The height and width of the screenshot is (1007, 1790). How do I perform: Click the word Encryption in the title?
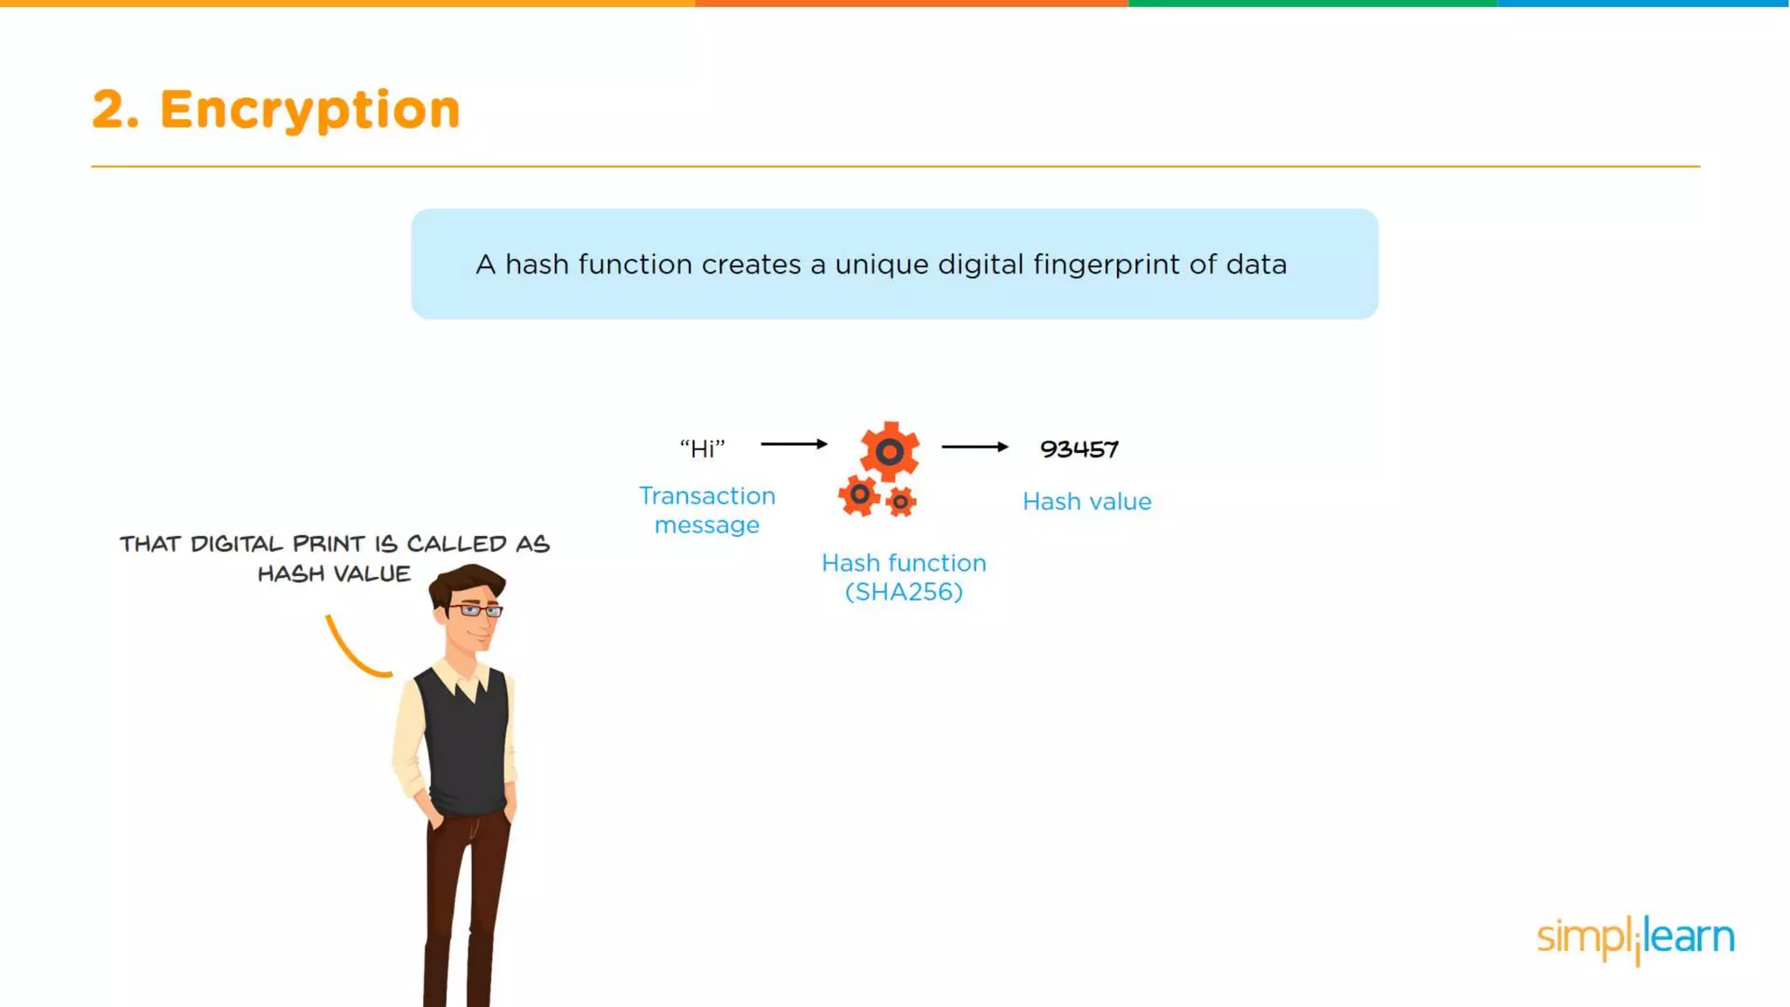coord(309,110)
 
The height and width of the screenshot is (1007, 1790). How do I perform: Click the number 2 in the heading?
coord(109,110)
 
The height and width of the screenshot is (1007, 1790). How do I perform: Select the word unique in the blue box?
coord(881,265)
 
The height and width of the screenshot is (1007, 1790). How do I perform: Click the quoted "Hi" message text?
coord(703,449)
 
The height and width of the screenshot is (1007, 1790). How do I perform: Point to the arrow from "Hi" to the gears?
coord(794,444)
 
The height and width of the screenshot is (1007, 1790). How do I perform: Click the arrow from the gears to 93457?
coord(975,447)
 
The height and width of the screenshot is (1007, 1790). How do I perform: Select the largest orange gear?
coord(890,451)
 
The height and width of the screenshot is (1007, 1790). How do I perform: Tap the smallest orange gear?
coord(900,502)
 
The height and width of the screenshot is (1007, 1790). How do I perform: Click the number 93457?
coord(1079,449)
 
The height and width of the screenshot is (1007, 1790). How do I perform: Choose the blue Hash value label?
coord(1086,502)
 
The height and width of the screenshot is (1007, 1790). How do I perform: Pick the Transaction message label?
coord(707,510)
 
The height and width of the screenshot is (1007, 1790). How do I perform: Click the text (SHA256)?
coord(904,593)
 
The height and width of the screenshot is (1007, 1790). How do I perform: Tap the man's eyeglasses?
coord(476,610)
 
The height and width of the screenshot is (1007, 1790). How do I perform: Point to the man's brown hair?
coord(468,581)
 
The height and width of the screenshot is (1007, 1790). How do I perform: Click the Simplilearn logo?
coord(1635,938)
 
